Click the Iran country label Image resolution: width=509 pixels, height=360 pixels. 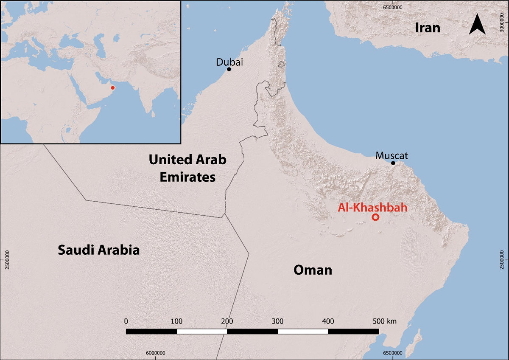[428, 28]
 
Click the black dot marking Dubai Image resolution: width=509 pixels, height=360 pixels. [229, 69]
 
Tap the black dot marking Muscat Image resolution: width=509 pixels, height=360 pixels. [393, 163]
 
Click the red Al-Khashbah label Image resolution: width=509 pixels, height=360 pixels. [372, 208]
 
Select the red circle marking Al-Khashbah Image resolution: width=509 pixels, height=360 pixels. [375, 217]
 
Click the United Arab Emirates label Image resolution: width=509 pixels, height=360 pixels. [187, 168]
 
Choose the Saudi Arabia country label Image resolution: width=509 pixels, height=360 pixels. [98, 250]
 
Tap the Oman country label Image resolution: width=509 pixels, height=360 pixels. [313, 270]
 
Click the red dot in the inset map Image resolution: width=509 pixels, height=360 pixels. [112, 88]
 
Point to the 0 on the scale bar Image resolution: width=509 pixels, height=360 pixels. [126, 321]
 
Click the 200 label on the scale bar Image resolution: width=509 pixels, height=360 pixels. [227, 321]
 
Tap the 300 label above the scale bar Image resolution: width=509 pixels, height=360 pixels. [277, 321]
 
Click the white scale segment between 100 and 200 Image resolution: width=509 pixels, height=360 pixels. [202, 331]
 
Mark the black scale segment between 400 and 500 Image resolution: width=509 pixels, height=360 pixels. [353, 331]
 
